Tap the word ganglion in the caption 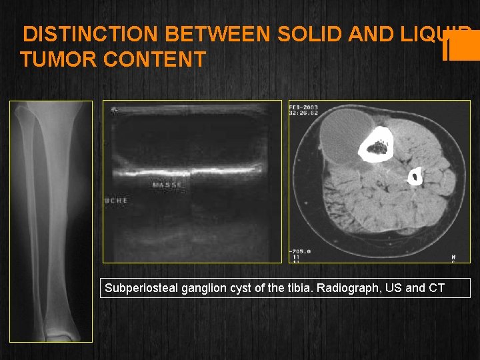coord(191,288)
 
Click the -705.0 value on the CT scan coord(301,251)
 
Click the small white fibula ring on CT coord(415,177)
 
